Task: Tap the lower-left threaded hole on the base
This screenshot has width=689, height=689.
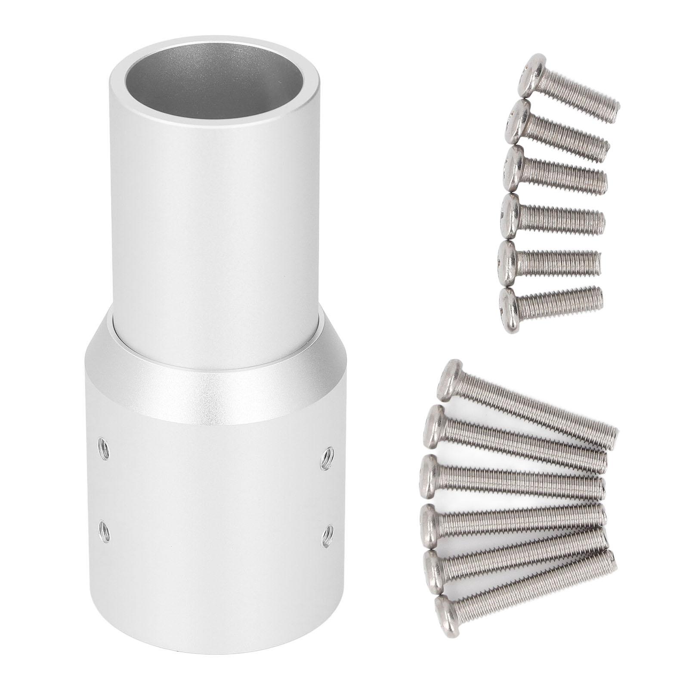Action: tap(103, 526)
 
